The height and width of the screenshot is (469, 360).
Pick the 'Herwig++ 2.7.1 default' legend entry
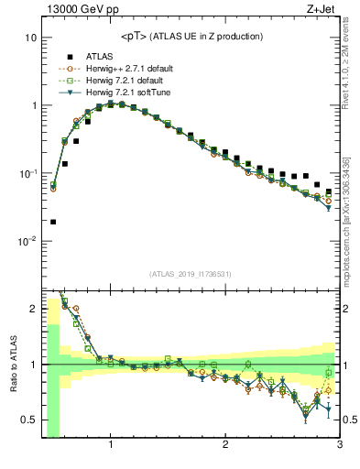point(128,68)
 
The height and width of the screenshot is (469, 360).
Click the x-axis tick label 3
point(339,447)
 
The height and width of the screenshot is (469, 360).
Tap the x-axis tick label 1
point(110,447)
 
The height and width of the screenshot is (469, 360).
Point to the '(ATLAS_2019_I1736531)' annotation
point(191,273)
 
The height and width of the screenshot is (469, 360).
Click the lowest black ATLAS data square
point(53,222)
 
